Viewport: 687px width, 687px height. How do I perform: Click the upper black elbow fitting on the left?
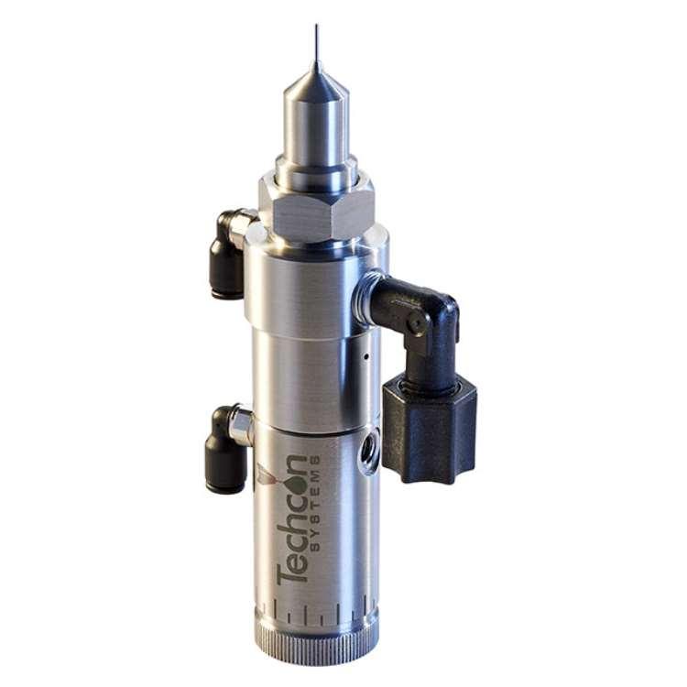[229, 254]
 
